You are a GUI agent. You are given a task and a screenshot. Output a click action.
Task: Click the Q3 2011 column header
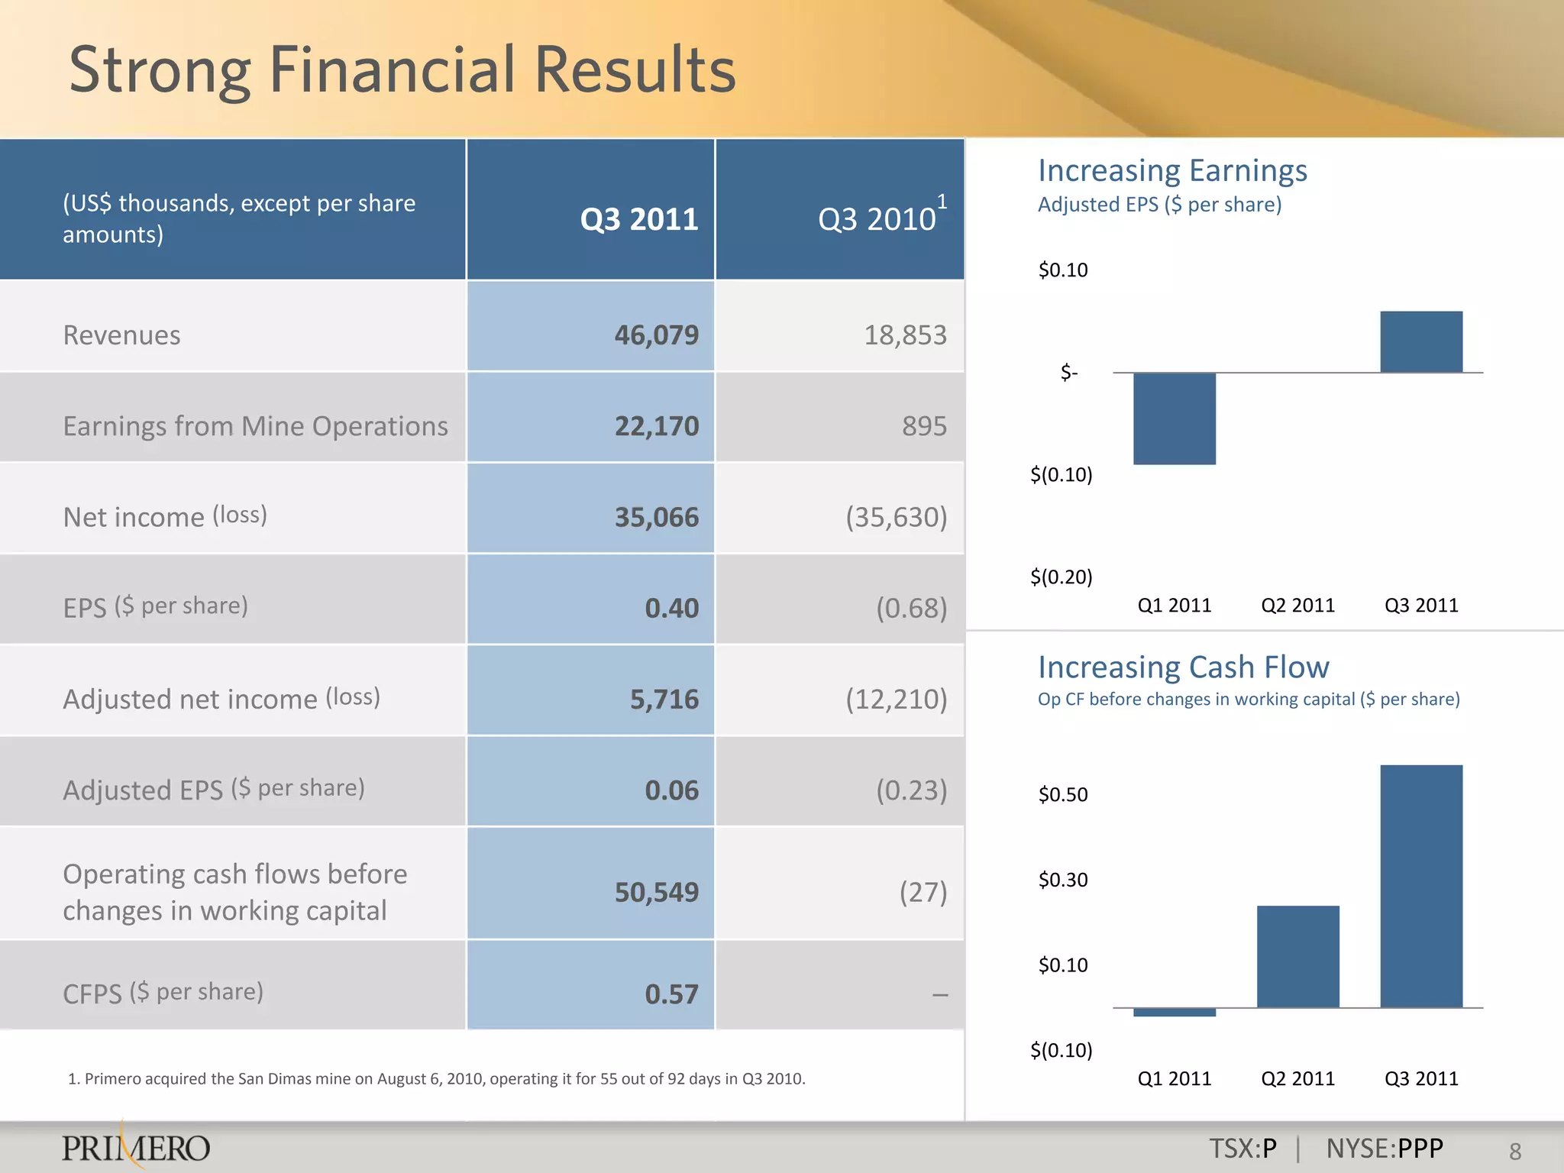pos(639,219)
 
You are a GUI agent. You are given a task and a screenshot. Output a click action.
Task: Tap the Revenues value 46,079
pos(656,334)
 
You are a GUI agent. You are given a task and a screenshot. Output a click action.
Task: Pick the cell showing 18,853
pos(905,334)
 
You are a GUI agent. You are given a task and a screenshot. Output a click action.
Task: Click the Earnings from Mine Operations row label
pos(255,426)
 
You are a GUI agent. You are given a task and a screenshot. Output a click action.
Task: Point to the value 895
pos(924,426)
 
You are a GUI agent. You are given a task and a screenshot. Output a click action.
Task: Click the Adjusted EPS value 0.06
pos(671,790)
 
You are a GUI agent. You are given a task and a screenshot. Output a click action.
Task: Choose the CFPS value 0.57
pos(671,994)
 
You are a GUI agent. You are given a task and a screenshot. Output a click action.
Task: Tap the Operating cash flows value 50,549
pos(656,892)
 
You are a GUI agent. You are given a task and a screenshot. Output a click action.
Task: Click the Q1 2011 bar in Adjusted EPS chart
pos(1175,418)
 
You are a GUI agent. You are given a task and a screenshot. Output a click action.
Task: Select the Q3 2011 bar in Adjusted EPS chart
pos(1421,342)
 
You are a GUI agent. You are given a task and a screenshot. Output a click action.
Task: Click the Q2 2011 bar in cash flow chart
pos(1297,957)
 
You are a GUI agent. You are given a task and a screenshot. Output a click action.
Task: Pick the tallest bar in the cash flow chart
pos(1421,886)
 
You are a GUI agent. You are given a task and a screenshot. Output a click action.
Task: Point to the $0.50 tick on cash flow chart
pos(1063,794)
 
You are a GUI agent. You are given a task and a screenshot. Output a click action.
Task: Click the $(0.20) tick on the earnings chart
pos(1062,577)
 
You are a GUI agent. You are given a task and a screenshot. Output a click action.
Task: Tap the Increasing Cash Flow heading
pos(1183,667)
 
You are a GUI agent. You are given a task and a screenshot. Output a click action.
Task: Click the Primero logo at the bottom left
pos(136,1147)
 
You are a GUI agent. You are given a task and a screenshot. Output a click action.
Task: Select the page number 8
pos(1515,1151)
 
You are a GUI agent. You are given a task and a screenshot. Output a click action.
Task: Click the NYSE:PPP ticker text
pos(1385,1149)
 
